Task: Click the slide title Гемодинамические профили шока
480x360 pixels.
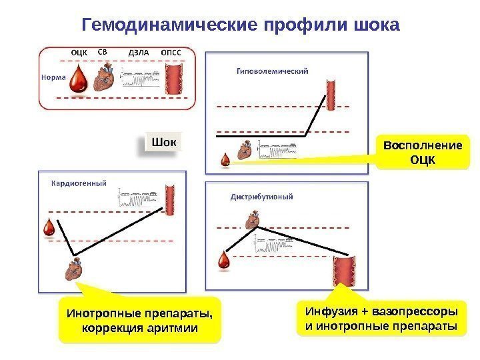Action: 240,25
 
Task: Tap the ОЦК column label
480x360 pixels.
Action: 79,51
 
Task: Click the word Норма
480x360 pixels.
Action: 53,77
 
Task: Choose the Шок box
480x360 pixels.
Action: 164,143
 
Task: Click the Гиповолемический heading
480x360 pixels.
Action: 272,71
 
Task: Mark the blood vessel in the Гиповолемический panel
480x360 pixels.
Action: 331,94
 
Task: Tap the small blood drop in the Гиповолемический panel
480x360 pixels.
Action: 226,159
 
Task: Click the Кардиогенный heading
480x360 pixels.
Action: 79,183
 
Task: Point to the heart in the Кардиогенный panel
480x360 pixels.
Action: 73,270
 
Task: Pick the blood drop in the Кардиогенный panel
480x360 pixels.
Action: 49,228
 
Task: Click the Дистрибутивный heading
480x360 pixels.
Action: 262,197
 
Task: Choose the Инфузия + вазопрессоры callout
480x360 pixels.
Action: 381,319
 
